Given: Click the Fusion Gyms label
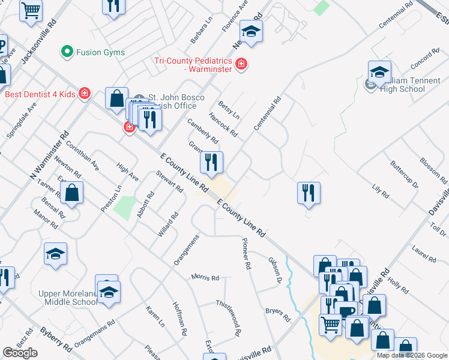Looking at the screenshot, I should [x=100, y=52].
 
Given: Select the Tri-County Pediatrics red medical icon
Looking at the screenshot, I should [x=241, y=64].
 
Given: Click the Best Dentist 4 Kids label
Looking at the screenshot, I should [x=40, y=94].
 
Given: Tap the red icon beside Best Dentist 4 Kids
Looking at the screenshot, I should [x=85, y=94].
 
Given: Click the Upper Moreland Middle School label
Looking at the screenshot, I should [x=71, y=297].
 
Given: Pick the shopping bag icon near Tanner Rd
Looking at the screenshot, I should [x=71, y=193].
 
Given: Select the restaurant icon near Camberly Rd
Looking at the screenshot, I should [x=211, y=161].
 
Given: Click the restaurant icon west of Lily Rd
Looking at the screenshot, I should [x=309, y=193].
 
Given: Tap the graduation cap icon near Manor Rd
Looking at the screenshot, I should [x=55, y=254].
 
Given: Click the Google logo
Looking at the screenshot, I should [x=20, y=353].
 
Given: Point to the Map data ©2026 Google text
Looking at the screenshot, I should [x=412, y=355].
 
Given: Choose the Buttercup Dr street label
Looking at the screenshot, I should [x=403, y=174].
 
